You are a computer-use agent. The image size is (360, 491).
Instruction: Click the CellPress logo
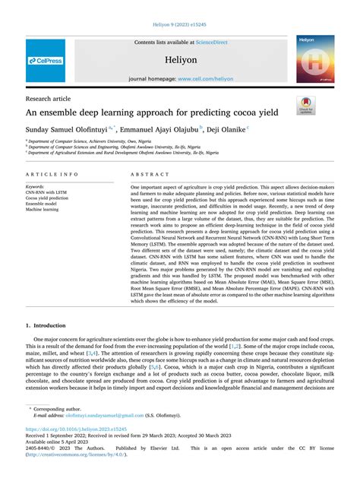coord(45,59)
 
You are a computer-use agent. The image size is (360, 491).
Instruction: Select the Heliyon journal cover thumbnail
coord(315,59)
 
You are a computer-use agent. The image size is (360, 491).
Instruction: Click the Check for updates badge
coord(311,105)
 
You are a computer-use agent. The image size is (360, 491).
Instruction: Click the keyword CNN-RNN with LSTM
coord(47,192)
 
